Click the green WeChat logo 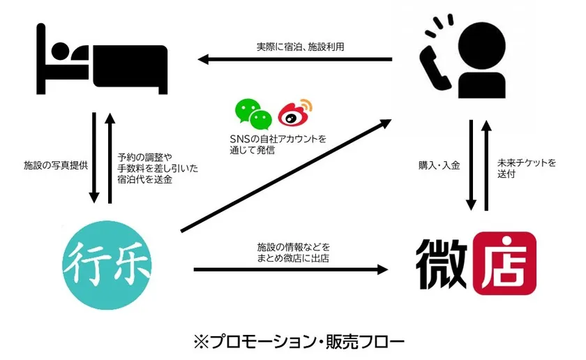point(253,114)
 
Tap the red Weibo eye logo point(295,112)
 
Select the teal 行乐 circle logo point(107,265)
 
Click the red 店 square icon point(504,263)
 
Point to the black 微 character point(442,264)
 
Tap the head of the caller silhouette point(482,47)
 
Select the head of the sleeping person point(60,52)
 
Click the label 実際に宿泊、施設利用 point(300,47)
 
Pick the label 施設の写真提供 point(56,165)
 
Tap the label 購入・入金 point(439,165)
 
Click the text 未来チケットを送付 point(527,168)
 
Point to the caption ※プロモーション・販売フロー point(299,342)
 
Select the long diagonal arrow point(286,176)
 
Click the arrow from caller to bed point(294,59)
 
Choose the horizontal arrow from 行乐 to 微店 point(291,269)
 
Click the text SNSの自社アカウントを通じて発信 point(278,144)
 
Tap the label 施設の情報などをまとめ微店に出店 point(294,253)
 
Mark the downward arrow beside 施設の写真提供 point(94,158)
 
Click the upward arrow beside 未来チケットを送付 point(486,165)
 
